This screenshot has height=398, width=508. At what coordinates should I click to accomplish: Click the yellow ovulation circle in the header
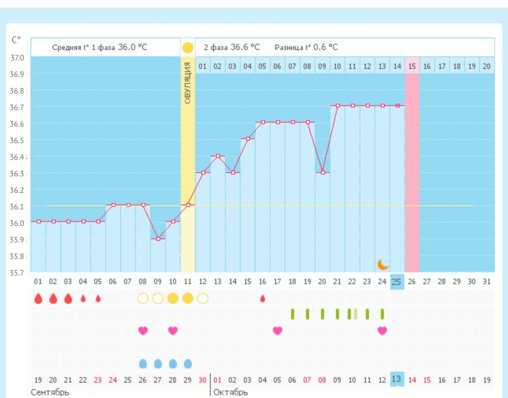[x=188, y=48]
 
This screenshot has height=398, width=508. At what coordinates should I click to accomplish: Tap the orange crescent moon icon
[x=383, y=264]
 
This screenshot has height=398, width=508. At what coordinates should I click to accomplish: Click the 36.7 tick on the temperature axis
[x=18, y=107]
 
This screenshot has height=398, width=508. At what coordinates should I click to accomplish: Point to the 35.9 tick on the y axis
[x=18, y=239]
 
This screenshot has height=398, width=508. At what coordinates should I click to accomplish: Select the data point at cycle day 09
[x=158, y=238]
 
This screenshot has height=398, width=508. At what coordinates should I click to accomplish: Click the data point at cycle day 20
[x=323, y=172]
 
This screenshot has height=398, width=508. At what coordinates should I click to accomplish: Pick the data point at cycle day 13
[x=217, y=156]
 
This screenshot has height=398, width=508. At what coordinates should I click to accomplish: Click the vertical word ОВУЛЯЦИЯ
[x=188, y=84]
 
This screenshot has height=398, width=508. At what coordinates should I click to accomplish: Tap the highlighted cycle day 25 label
[x=397, y=281]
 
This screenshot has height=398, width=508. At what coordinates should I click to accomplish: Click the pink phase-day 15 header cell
[x=412, y=66]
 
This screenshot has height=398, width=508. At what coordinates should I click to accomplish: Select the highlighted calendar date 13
[x=397, y=379]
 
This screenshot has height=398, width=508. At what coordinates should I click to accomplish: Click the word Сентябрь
[x=50, y=392]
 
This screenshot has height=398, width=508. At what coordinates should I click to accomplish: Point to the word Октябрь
[x=231, y=392]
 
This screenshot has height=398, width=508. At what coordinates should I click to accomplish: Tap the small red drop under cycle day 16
[x=263, y=299]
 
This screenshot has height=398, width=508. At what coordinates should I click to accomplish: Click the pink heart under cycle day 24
[x=383, y=330]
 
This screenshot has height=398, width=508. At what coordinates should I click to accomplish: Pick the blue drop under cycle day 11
[x=188, y=363]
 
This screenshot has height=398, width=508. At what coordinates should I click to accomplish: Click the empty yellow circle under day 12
[x=203, y=298]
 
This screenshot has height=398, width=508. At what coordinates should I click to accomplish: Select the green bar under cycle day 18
[x=293, y=314]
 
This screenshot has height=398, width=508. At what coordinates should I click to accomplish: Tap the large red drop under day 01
[x=38, y=299]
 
